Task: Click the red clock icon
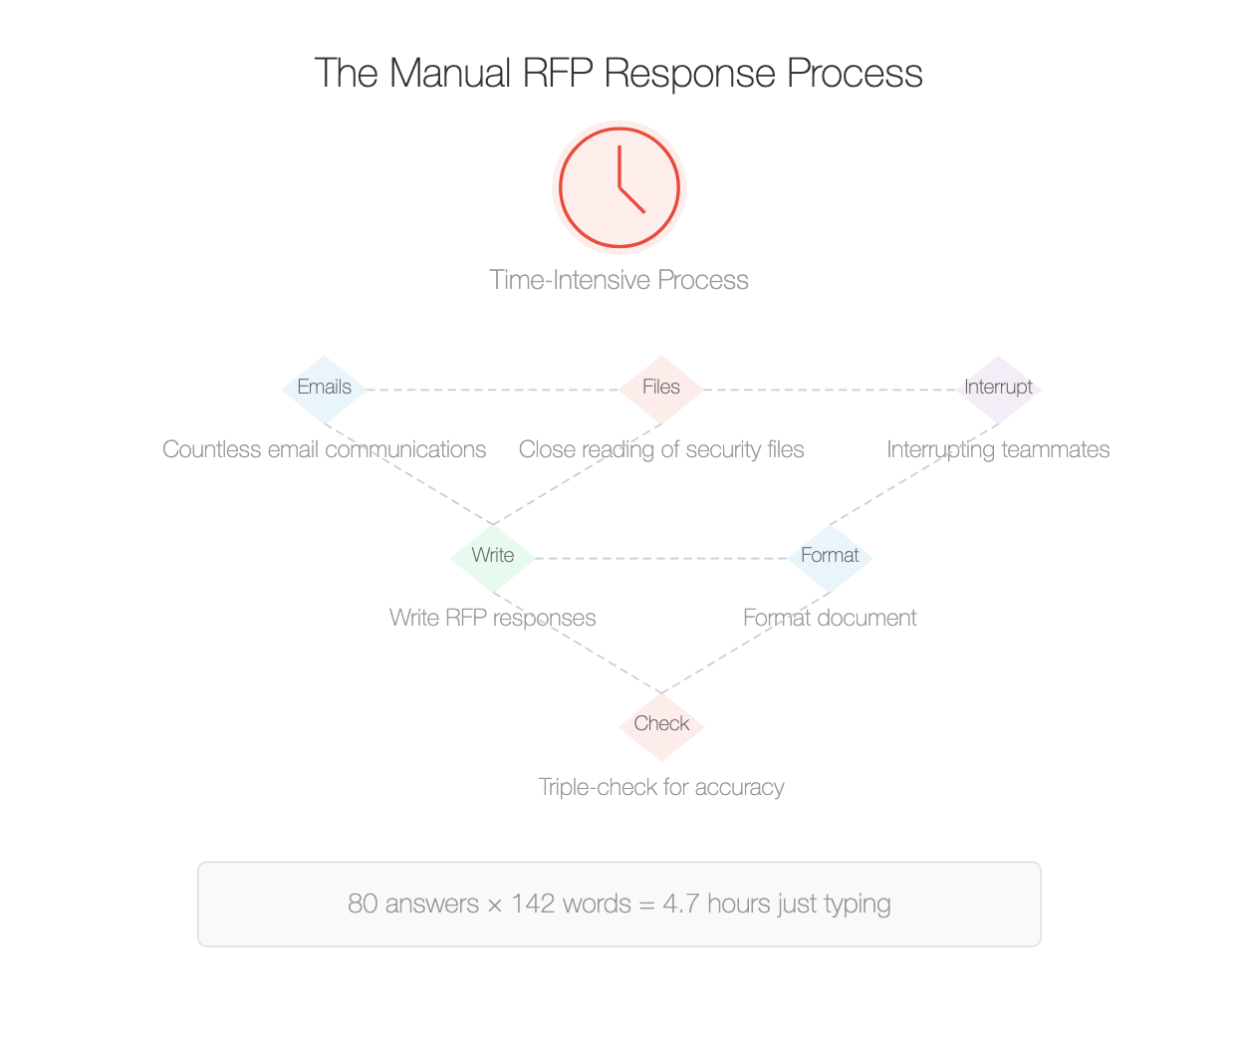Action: coord(618,187)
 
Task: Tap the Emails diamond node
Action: coord(325,389)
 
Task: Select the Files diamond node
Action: coord(661,389)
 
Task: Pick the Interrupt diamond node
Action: coord(998,389)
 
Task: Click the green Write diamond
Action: coord(493,557)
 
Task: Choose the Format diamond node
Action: coord(830,557)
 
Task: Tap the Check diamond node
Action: coord(661,725)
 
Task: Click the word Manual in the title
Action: coord(449,74)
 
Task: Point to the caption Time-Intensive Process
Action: coord(618,280)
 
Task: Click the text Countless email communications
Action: coord(324,450)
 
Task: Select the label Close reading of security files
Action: coord(661,450)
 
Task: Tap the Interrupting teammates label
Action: coord(998,450)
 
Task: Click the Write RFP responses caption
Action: coord(493,619)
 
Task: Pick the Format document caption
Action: coord(830,619)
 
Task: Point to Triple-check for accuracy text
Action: coord(661,788)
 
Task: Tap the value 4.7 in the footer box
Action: coord(681,905)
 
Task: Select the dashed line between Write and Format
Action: coord(661,559)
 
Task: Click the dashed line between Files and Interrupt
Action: coord(830,390)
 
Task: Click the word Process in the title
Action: coord(855,74)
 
